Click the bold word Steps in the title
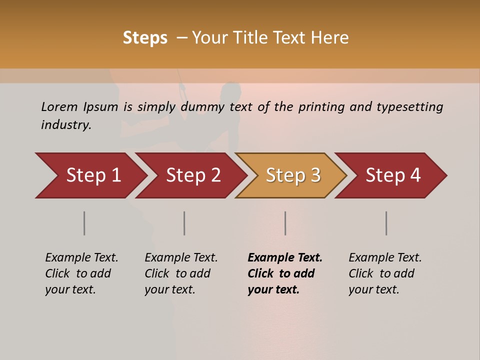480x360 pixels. [x=145, y=38]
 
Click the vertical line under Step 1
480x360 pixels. [x=84, y=223]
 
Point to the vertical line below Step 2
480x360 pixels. [x=184, y=223]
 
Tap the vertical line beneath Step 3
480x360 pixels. [x=285, y=223]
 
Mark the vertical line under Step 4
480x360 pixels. [x=386, y=223]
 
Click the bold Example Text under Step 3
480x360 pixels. [x=285, y=258]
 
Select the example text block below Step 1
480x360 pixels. [x=81, y=273]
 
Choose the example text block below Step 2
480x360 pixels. [x=181, y=273]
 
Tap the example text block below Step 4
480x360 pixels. [x=385, y=273]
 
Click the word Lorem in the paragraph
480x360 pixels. [x=59, y=107]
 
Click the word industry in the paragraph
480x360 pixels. [x=65, y=125]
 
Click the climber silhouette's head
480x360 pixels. [x=231, y=90]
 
